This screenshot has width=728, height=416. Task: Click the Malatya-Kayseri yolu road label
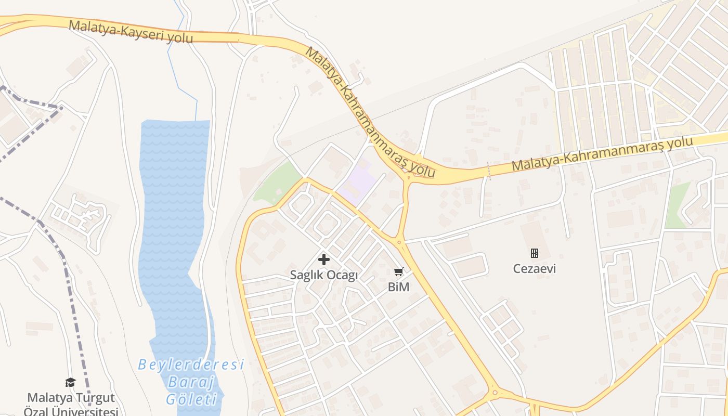[131, 32]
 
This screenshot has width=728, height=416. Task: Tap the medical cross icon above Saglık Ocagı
[324, 259]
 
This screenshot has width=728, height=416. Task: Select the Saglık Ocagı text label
[324, 275]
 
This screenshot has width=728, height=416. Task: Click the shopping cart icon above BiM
[399, 271]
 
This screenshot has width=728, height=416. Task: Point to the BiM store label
[399, 287]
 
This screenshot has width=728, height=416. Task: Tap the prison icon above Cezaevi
[534, 253]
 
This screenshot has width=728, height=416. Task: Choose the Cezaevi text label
[534, 269]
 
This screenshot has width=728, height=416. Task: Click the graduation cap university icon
[70, 383]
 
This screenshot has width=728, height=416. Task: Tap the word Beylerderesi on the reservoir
[191, 365]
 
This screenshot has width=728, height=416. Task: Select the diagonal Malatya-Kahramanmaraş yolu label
[369, 112]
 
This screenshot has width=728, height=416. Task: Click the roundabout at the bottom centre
[495, 392]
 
